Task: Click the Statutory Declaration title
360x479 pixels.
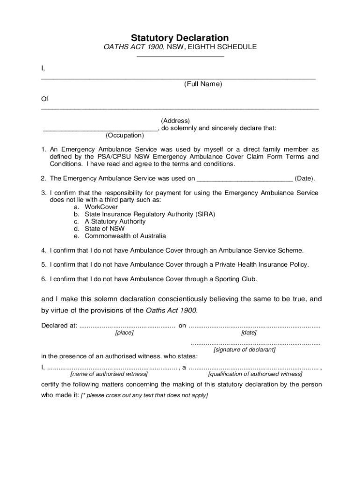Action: tap(180, 38)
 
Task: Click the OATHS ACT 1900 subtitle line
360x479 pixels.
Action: tap(180, 47)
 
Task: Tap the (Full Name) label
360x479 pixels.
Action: tap(203, 84)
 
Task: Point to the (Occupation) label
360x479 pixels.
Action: tap(125, 135)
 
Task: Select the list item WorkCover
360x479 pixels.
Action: tap(101, 207)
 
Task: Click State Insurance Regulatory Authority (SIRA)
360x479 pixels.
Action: tap(150, 214)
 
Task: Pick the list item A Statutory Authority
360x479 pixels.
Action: tap(115, 221)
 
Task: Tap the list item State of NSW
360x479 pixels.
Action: tap(105, 229)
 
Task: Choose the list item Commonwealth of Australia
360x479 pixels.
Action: tap(125, 236)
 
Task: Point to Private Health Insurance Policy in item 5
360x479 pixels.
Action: tap(262, 265)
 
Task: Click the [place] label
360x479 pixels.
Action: tap(124, 333)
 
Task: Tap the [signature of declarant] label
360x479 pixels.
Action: tap(245, 349)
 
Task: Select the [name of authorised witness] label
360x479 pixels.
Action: tap(109, 374)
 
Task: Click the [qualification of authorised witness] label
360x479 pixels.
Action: tap(255, 374)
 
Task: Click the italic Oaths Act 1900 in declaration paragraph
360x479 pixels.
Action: tap(172, 310)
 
